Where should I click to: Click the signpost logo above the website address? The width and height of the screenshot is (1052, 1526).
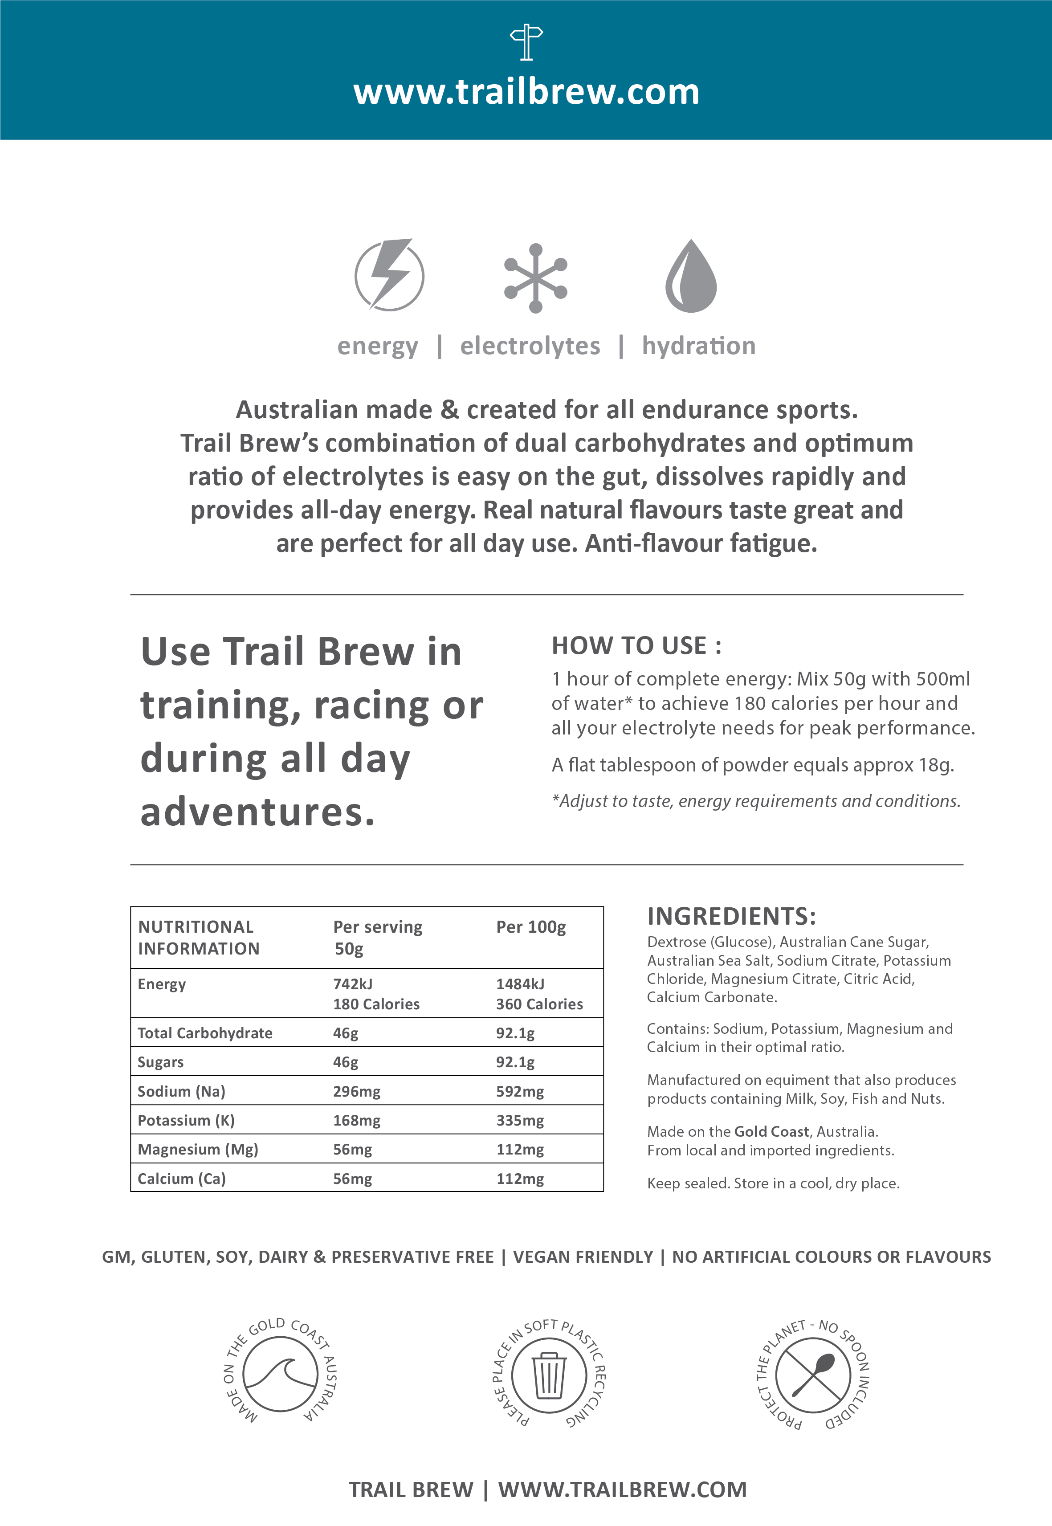(x=526, y=43)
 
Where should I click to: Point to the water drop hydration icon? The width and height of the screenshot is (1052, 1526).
(x=690, y=277)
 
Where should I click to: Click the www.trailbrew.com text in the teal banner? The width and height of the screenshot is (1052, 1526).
(x=526, y=92)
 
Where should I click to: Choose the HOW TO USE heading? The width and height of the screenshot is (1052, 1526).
(x=636, y=646)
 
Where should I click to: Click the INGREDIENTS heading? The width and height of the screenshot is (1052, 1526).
(x=731, y=916)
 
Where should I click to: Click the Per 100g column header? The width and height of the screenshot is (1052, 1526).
(x=530, y=927)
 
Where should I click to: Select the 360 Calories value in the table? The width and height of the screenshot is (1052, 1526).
(x=539, y=1004)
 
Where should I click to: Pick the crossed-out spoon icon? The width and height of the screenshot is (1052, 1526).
(x=813, y=1375)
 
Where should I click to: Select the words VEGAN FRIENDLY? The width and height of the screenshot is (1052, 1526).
(x=583, y=1257)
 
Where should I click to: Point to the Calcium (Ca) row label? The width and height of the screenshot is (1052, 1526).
(x=181, y=1179)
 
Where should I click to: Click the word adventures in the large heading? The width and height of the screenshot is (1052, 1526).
(x=257, y=812)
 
